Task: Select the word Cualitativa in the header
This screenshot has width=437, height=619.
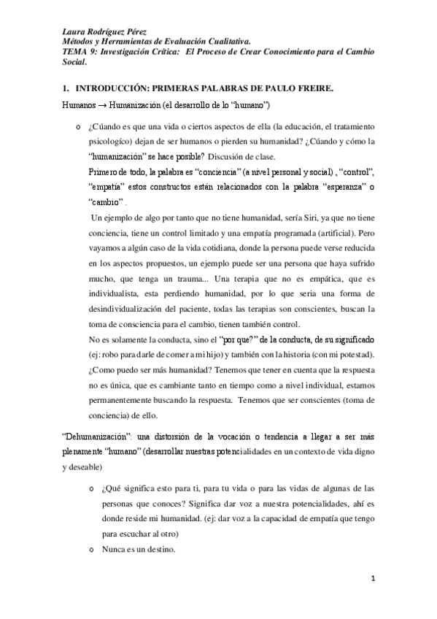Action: tap(228, 43)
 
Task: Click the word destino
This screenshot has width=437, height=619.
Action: tap(166, 549)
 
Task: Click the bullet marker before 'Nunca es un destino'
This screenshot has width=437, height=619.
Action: tap(90, 550)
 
